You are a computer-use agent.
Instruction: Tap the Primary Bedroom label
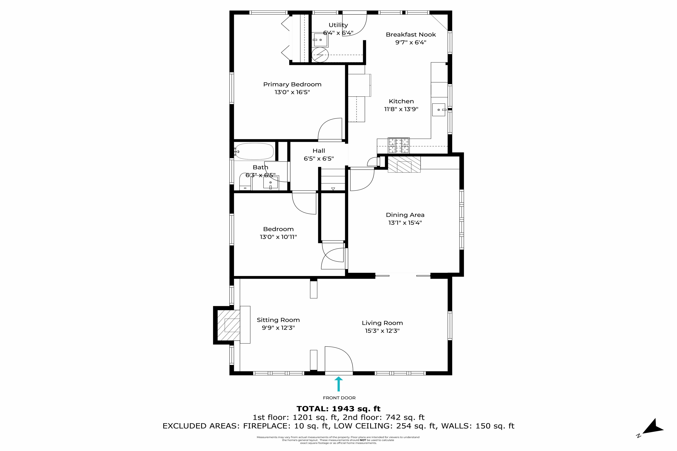[292, 84]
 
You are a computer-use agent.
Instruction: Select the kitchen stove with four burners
[399, 145]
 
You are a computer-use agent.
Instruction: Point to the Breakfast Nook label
[411, 35]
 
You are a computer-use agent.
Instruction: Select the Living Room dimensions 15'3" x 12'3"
[382, 331]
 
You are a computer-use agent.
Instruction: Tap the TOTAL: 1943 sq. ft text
[338, 409]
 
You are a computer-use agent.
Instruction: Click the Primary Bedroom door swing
[330, 129]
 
